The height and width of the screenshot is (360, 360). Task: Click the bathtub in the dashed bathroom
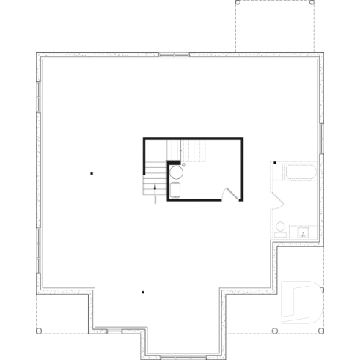[x=299, y=174]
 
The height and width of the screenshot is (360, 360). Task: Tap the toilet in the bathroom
[x=279, y=227]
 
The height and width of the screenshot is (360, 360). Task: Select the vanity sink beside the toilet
[x=303, y=232]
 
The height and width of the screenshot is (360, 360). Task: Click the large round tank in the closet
[x=177, y=173]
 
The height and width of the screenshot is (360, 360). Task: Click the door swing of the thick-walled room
[x=231, y=194]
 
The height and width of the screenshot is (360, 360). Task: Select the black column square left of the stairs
[x=92, y=174]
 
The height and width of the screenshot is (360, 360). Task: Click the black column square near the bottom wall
[x=143, y=293]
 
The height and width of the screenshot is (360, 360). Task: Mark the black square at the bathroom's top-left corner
[x=274, y=163]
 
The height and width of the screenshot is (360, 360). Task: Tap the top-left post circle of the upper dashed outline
[x=236, y=3]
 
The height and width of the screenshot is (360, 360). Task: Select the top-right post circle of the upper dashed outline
[x=313, y=3]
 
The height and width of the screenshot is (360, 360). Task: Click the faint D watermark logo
[x=301, y=301]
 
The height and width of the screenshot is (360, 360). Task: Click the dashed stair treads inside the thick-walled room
[x=192, y=152]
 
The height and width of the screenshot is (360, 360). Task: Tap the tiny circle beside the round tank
[x=184, y=165]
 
